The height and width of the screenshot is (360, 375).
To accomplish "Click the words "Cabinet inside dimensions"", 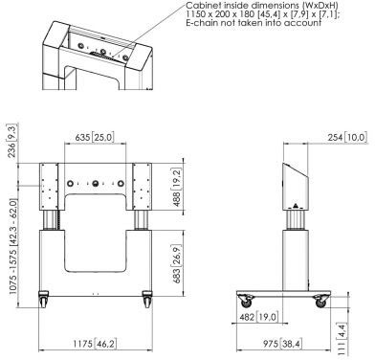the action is coord(241,6).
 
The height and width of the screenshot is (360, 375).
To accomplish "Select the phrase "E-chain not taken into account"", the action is coord(254,23).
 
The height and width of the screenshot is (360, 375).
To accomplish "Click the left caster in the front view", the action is coord(43,299).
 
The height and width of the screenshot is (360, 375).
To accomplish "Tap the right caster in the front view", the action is coord(147,299).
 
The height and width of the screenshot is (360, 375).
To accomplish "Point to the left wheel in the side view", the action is coord(246,301).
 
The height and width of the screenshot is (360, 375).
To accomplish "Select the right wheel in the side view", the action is coord(320,301).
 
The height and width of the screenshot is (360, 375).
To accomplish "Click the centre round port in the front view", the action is coord(95,184).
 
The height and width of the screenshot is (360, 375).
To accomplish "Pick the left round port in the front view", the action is coord(70,184).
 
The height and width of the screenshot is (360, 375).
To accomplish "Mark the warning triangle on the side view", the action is coord(296,205).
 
